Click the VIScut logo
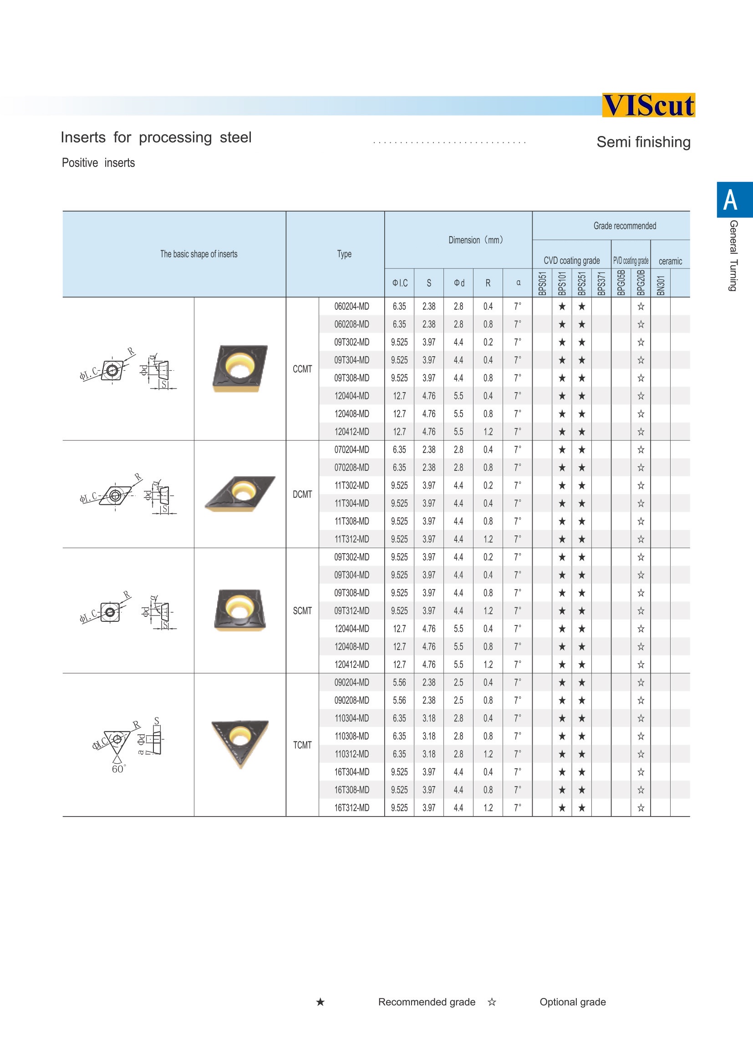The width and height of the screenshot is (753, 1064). (x=648, y=105)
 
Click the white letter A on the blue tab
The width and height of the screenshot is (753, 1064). (x=730, y=200)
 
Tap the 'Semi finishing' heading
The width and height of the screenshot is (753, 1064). (x=643, y=142)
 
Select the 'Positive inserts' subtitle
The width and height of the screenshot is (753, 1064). (x=98, y=163)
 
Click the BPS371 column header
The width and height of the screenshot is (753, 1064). (x=601, y=283)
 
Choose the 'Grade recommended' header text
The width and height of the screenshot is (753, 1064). (x=625, y=226)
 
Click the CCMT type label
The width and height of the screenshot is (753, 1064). (x=302, y=369)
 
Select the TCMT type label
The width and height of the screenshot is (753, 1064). (x=302, y=745)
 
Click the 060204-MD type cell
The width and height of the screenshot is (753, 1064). (x=351, y=306)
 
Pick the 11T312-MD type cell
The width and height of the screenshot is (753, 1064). (x=351, y=540)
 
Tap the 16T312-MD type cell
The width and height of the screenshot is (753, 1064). (x=351, y=808)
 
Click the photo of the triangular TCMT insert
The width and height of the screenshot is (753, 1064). (x=240, y=742)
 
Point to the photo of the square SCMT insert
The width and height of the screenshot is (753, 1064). (x=240, y=610)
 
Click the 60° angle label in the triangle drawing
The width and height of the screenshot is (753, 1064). (x=119, y=769)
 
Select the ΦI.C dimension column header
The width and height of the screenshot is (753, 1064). (x=400, y=283)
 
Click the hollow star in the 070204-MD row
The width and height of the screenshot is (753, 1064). (x=641, y=449)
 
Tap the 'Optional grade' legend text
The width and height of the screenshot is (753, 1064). (x=573, y=1002)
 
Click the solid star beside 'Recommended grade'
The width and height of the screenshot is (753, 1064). (x=321, y=1002)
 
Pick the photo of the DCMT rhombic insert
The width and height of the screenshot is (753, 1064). (x=240, y=494)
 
